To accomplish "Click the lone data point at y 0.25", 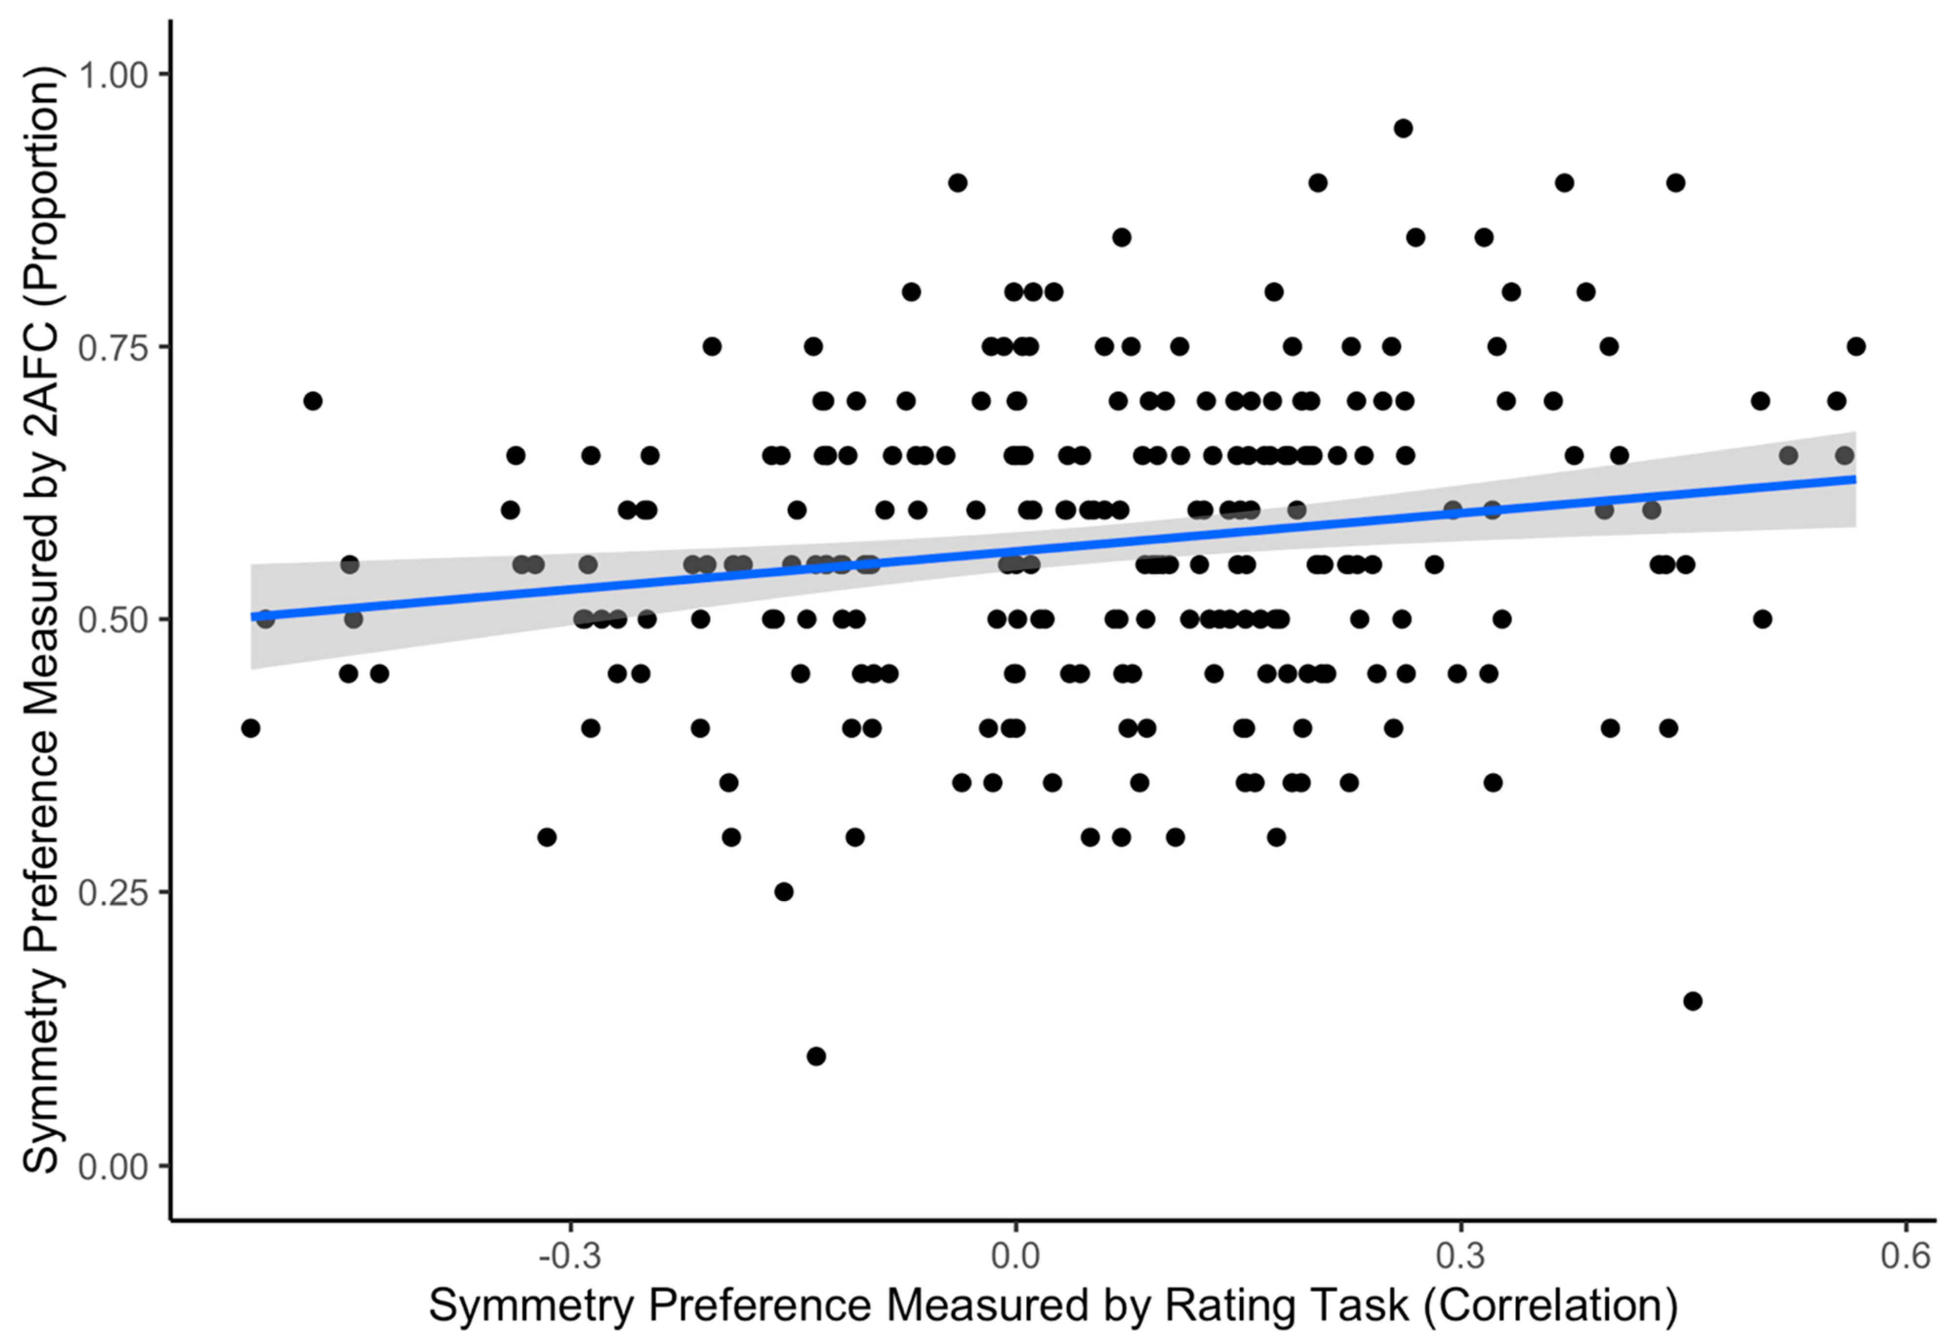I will click(784, 892).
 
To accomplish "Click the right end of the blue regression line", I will click(1855, 479).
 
